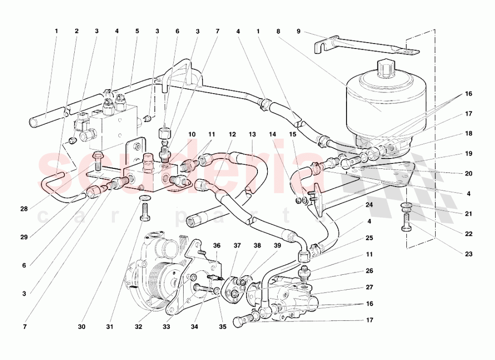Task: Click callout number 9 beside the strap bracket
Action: tap(298, 31)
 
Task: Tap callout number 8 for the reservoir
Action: tap(278, 31)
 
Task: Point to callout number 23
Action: tap(469, 254)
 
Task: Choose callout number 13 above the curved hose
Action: tap(252, 135)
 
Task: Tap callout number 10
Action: tap(192, 135)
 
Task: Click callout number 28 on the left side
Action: tap(24, 209)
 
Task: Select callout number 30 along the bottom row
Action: tap(82, 327)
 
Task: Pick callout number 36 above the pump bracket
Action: tap(217, 246)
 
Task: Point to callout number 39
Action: tap(277, 246)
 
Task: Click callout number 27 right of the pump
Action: tap(369, 287)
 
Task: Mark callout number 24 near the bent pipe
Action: tap(369, 205)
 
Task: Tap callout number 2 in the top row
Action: tap(76, 31)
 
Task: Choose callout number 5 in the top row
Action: tap(137, 31)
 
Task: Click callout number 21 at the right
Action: tap(469, 214)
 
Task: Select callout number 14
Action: tap(272, 135)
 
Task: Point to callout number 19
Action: tap(469, 154)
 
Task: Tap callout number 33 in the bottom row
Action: tap(166, 327)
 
